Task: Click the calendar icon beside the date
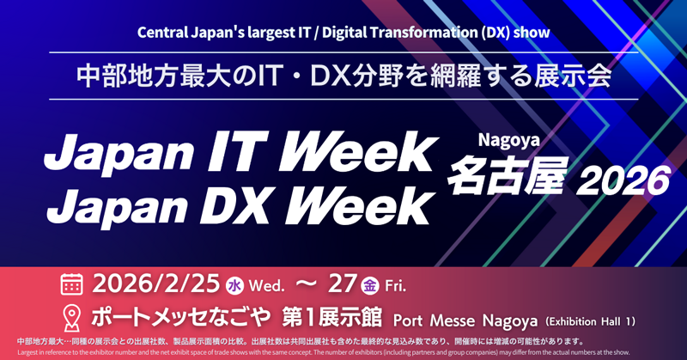coord(72,284)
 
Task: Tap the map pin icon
coord(72,315)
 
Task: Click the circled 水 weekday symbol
coord(234,285)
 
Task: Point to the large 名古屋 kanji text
coord(506,174)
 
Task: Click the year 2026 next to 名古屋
coord(623,180)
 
